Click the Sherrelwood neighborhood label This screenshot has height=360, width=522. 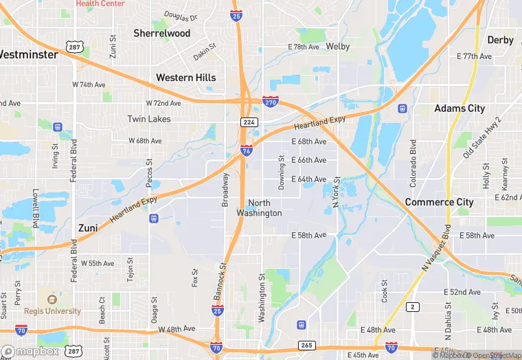162,33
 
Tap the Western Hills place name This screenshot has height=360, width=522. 185,78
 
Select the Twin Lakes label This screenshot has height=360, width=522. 149,119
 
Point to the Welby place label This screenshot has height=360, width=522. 338,47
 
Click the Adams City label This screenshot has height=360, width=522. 459,109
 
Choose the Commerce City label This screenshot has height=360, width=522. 439,202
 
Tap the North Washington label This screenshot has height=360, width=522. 259,208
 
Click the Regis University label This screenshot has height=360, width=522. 52,311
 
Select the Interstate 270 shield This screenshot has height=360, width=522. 271,102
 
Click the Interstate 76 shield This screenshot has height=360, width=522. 247,150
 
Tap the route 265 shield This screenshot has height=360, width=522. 306,345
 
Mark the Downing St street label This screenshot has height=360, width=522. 281,167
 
